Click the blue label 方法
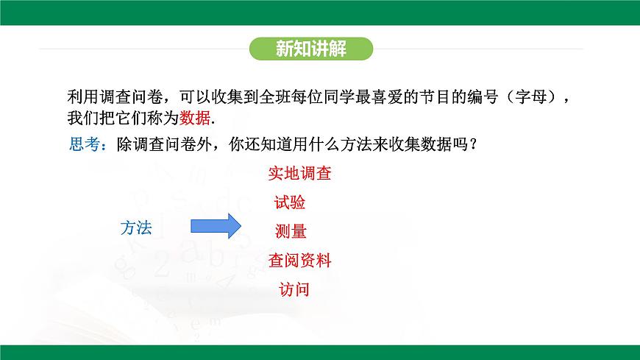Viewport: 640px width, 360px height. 136,228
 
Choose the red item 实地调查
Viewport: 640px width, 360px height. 299,174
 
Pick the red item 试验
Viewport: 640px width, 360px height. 290,202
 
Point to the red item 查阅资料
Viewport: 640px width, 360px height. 299,260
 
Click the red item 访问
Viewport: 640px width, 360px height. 294,289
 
